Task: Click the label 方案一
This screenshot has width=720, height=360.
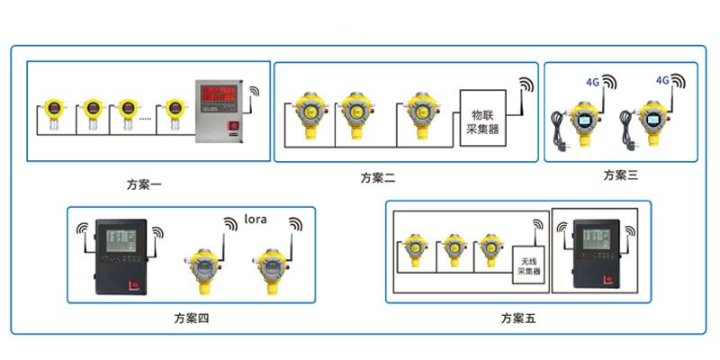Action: point(144,185)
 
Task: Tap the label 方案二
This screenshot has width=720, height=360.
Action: point(378,177)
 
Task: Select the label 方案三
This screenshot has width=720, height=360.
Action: point(620,175)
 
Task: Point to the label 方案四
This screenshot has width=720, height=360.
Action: point(192,318)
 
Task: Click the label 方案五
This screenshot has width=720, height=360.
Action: point(518,318)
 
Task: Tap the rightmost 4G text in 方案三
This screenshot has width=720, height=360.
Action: point(662,80)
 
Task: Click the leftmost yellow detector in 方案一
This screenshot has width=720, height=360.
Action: point(52,113)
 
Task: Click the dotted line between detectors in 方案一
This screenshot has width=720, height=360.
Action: point(150,118)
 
